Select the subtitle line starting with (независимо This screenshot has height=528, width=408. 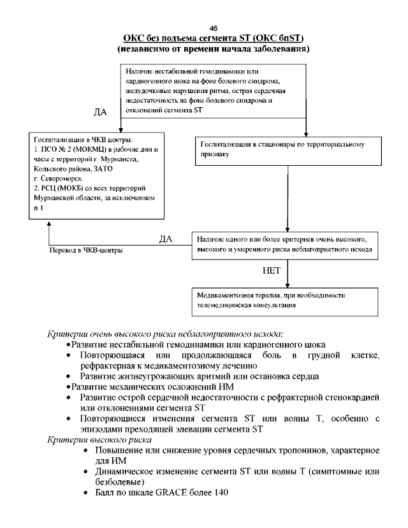coord(213,49)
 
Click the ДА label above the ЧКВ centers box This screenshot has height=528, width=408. coord(100,112)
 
